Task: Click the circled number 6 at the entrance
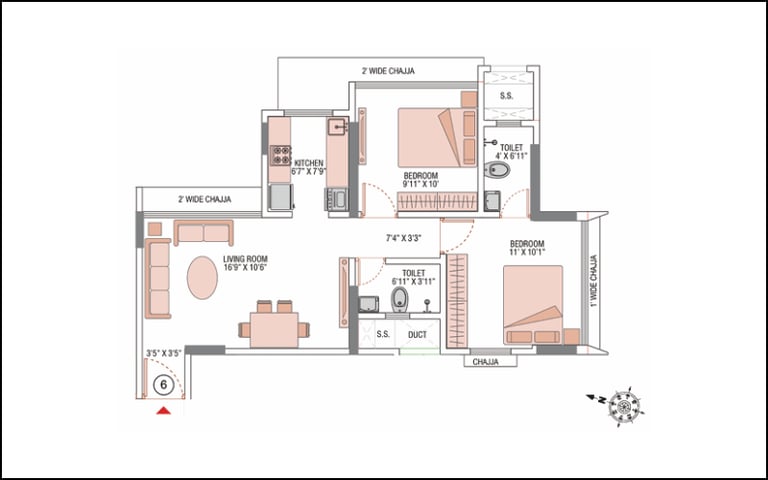[164, 385]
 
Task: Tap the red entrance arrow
[164, 410]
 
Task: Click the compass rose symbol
[625, 407]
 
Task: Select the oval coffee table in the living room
[202, 278]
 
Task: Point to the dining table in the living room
[274, 330]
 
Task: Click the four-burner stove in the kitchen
[281, 155]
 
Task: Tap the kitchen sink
[338, 126]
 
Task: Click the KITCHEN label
[309, 163]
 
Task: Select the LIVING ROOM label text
[245, 259]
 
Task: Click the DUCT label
[417, 335]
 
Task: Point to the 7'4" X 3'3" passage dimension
[404, 239]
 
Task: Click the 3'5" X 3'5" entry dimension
[164, 353]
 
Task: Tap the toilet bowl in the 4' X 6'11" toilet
[497, 170]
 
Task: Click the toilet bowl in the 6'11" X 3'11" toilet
[400, 299]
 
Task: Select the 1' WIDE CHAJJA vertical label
[594, 281]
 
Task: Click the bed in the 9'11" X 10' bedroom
[437, 138]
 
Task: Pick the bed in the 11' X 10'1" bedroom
[533, 305]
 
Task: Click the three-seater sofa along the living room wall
[158, 278]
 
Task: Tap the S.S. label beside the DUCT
[383, 335]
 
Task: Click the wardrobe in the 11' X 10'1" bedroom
[457, 301]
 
